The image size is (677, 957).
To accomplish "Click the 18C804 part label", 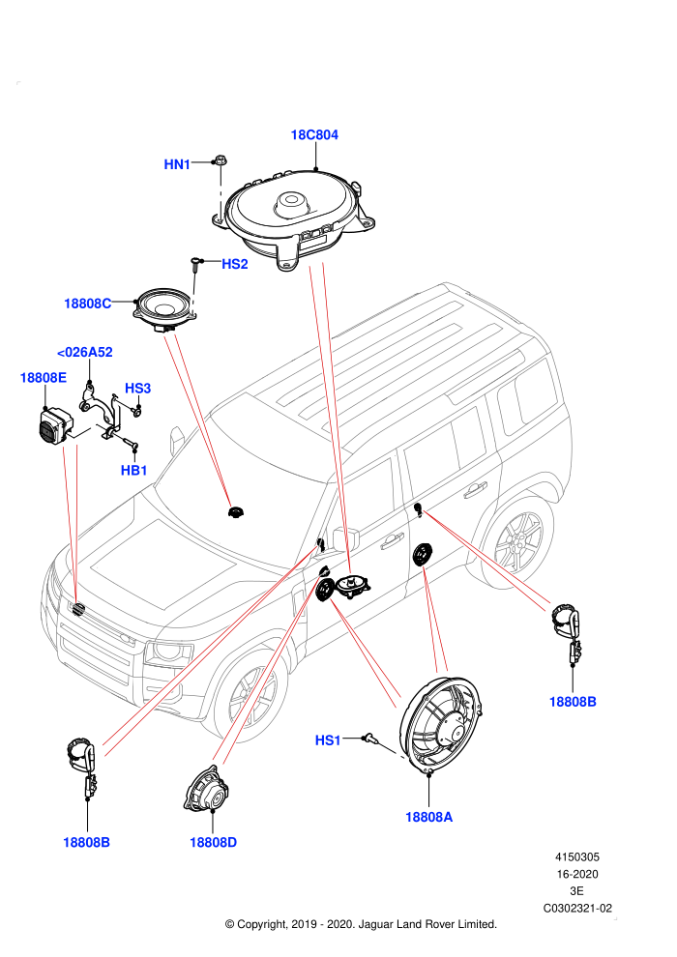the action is click(x=313, y=135).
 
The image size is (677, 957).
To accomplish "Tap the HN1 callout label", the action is click(x=177, y=164).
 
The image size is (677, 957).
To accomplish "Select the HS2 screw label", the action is click(x=234, y=264).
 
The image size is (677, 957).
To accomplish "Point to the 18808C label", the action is click(x=88, y=304).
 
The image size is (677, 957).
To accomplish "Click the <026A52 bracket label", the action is click(x=84, y=352).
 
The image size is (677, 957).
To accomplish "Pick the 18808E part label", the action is click(x=44, y=377).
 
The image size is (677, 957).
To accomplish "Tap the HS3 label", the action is click(x=137, y=389).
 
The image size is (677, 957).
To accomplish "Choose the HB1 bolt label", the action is click(x=133, y=470).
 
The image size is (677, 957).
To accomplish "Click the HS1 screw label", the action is click(x=328, y=740).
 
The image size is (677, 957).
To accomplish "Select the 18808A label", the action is click(x=429, y=817).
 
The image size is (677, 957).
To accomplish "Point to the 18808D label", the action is click(x=213, y=842).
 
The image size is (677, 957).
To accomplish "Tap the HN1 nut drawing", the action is click(x=220, y=161).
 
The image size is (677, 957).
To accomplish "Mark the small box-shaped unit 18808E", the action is click(x=51, y=424).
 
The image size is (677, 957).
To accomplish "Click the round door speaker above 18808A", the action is click(x=441, y=724).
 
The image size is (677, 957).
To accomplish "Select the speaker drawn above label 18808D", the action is click(x=207, y=791).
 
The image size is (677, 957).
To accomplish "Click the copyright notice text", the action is click(x=362, y=924).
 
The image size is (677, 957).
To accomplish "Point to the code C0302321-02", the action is click(x=577, y=908).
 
